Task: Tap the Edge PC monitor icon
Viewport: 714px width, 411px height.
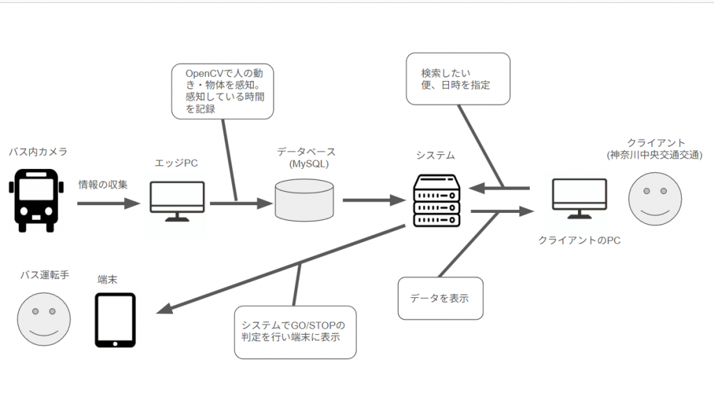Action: (x=177, y=201)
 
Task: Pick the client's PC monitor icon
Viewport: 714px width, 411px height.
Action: (x=579, y=199)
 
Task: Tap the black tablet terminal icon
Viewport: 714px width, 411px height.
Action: (x=115, y=320)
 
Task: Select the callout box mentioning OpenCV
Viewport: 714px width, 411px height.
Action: (x=223, y=91)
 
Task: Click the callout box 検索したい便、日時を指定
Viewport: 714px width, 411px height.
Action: (x=458, y=80)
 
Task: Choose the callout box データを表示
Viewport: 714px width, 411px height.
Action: (x=440, y=299)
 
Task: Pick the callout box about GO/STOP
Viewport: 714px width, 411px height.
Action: (x=295, y=332)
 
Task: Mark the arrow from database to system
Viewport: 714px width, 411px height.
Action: (x=374, y=200)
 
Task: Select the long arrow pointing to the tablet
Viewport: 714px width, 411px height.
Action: (x=279, y=269)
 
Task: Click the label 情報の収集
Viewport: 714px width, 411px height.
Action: (x=103, y=185)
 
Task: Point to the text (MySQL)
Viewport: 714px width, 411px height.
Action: (x=306, y=165)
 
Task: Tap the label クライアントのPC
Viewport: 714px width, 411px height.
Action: (x=579, y=240)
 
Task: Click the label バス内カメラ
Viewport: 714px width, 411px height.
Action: (x=38, y=151)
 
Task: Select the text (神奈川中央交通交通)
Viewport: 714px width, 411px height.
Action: (x=654, y=154)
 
